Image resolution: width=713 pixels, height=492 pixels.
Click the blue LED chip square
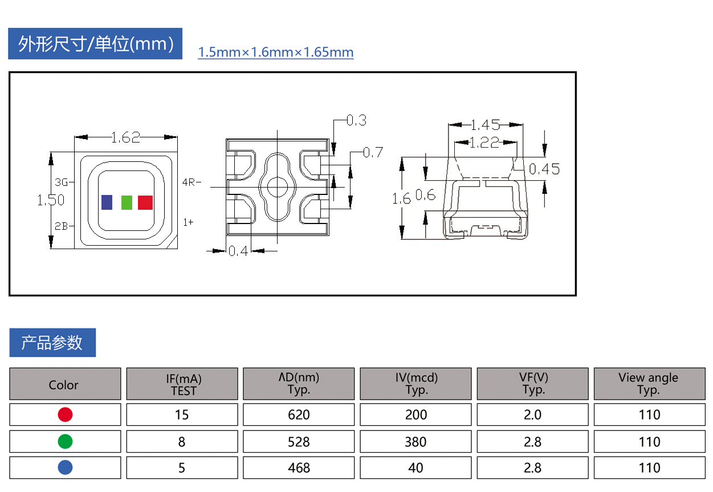[x=107, y=202]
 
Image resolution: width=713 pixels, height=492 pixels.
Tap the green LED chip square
[x=127, y=202]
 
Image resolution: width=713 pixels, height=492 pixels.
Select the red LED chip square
[x=145, y=202]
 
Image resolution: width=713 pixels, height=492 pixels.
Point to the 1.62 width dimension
[x=126, y=137]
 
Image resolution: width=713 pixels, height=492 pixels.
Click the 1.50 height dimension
[x=51, y=200]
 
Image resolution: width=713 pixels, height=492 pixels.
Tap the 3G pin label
[x=61, y=182]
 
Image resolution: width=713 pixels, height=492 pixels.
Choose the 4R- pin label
[x=192, y=182]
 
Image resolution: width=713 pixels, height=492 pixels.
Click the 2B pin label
[x=61, y=226]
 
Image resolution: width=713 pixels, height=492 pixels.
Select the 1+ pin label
[x=188, y=222]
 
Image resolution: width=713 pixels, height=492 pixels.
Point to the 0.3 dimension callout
[x=357, y=120]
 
